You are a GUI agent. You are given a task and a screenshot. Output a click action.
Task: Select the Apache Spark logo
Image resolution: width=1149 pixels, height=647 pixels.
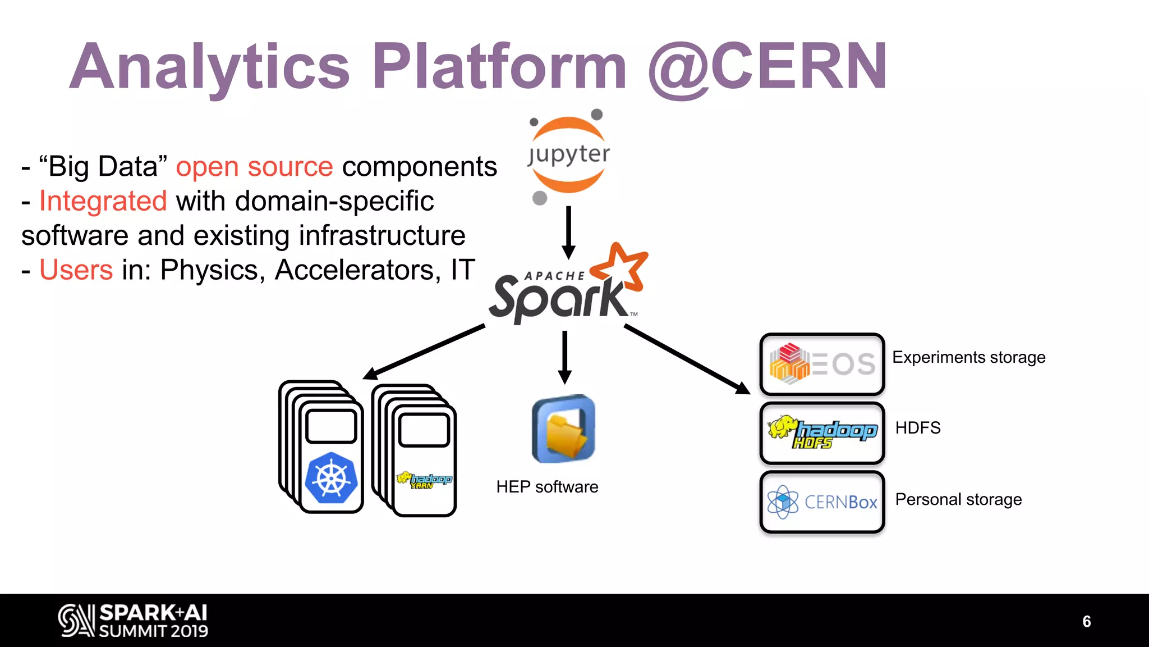[567, 286]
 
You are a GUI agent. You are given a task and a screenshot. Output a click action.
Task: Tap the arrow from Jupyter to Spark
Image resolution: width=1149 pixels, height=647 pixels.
[568, 231]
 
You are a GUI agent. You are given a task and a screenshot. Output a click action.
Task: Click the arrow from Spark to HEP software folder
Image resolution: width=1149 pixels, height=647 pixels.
[565, 357]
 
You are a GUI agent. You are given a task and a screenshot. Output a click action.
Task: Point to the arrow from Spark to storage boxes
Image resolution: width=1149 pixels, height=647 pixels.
[687, 359]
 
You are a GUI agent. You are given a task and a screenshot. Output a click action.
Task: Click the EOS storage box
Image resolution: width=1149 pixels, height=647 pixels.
[822, 364]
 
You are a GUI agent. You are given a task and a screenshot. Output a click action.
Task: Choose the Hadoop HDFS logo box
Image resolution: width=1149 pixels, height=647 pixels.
[822, 433]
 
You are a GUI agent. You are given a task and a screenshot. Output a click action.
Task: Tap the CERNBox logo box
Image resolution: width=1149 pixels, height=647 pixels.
[822, 502]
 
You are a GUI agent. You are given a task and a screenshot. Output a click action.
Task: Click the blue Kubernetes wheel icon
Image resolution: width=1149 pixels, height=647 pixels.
[332, 478]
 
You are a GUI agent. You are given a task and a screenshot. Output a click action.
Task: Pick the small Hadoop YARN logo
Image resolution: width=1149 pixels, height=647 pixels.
[424, 480]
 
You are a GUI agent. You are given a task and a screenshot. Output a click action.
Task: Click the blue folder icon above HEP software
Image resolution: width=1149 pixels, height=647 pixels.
[563, 429]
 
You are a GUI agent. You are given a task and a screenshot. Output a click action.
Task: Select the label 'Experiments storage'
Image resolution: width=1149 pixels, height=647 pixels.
[968, 357]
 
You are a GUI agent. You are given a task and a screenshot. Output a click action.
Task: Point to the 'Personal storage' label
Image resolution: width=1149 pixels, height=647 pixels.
[958, 499]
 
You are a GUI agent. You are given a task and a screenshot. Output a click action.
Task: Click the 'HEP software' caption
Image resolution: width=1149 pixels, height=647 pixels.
[547, 487]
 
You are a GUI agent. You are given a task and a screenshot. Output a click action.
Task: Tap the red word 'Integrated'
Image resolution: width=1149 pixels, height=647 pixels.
[103, 201]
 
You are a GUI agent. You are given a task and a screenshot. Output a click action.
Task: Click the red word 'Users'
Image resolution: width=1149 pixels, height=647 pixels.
[76, 270]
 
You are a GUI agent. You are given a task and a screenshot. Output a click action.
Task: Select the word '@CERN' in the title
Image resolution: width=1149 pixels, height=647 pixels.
[767, 67]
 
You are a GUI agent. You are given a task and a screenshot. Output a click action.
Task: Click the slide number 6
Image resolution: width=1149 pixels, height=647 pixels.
[1086, 621]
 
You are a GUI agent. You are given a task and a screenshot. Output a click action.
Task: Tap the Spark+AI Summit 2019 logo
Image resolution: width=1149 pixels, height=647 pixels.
[134, 621]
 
